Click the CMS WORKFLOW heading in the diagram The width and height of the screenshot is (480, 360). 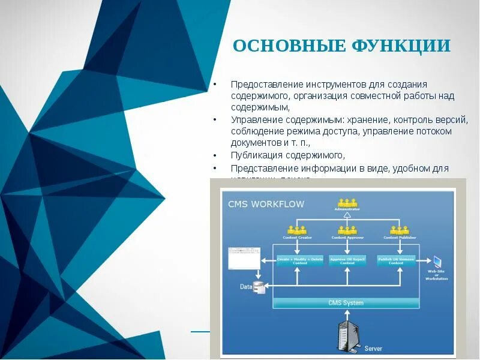click(266, 204)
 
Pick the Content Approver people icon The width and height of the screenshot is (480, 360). click(347, 230)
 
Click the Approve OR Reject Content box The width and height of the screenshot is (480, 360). click(347, 261)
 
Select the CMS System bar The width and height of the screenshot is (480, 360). click(346, 303)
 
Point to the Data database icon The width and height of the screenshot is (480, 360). click(259, 288)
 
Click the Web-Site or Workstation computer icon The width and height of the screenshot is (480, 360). click(437, 262)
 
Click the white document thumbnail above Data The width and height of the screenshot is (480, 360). click(242, 260)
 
